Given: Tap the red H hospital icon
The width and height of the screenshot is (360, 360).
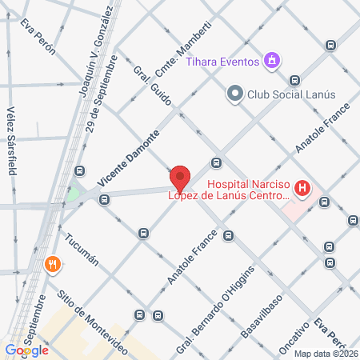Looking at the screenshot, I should [302, 189].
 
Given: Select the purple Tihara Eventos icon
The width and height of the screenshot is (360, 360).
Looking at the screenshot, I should [272, 61].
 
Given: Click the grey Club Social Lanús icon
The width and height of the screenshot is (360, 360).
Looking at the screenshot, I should [234, 94].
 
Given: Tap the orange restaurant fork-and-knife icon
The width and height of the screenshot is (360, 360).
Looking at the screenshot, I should [53, 263].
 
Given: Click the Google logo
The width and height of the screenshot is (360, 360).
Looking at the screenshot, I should [26, 350].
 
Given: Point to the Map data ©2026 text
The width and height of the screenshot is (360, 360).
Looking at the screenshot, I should [325, 354].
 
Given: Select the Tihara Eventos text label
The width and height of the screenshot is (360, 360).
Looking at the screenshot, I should [222, 62].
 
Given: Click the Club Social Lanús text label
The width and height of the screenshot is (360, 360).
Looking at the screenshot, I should [286, 94].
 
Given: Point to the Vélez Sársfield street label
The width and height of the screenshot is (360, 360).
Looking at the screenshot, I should [11, 141].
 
